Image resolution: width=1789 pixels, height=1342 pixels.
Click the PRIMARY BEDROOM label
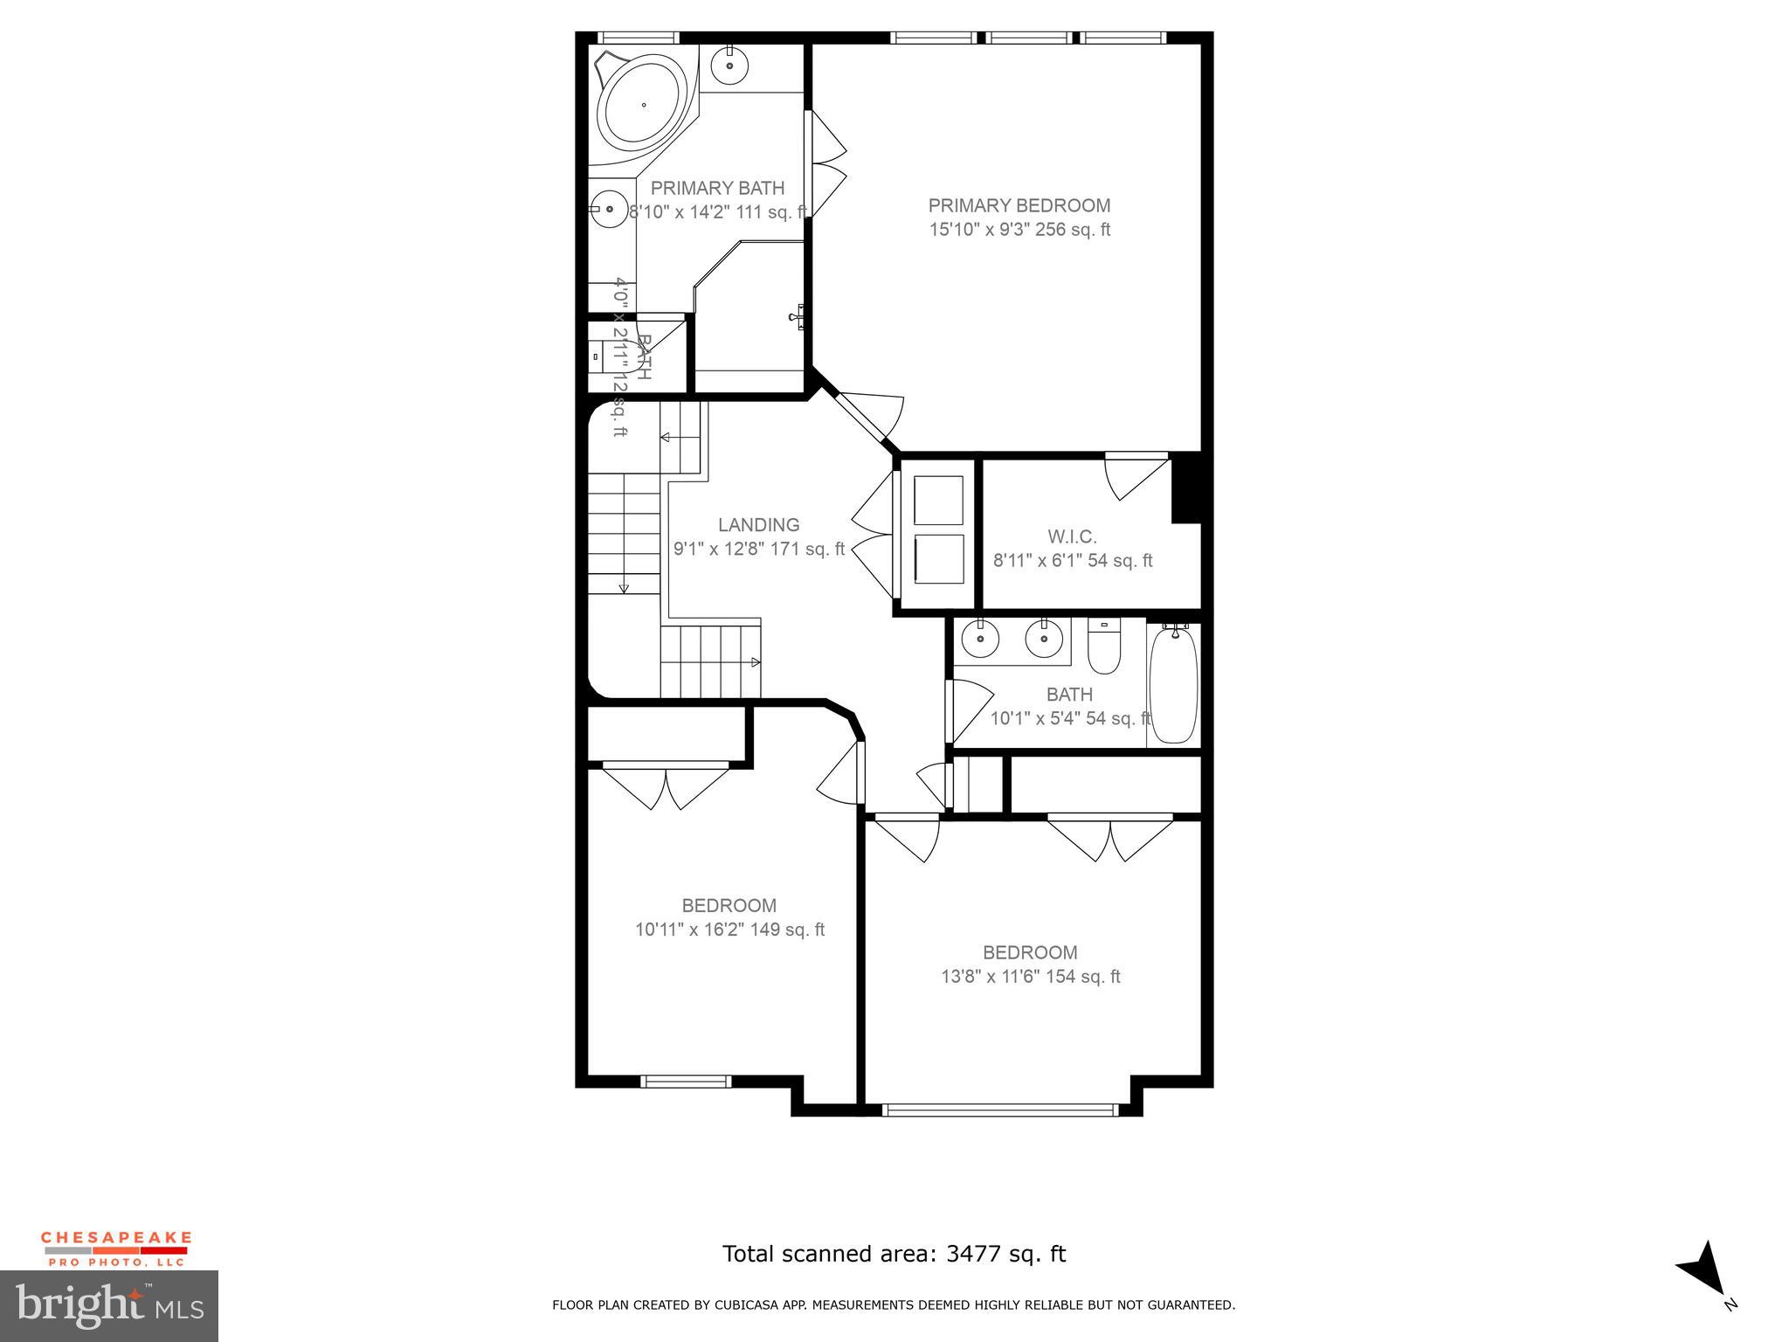[1019, 205]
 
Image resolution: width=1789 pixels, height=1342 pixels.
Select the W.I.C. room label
[1072, 536]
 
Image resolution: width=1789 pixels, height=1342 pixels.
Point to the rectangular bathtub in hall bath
[1173, 684]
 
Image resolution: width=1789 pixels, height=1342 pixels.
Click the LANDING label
[758, 525]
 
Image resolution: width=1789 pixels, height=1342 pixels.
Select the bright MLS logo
[109, 1305]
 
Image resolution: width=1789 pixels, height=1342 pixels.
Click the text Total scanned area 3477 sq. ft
[894, 1254]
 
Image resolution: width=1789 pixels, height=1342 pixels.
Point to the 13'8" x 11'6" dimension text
[1030, 977]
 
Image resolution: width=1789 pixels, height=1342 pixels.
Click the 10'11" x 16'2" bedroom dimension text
[729, 930]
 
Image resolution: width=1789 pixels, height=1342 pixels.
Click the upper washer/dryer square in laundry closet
[938, 500]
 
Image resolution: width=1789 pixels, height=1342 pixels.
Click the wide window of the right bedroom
[999, 1110]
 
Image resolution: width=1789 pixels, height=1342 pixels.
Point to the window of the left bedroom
[685, 1082]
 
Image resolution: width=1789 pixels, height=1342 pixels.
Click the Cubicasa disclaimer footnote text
[894, 1305]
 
